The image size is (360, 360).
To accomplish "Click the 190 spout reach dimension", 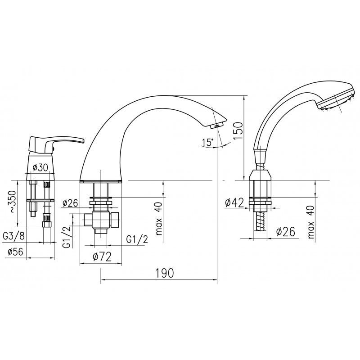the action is click(x=165, y=273).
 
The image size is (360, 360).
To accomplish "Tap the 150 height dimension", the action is click(x=238, y=130).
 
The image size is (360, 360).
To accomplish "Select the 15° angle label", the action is click(x=207, y=142).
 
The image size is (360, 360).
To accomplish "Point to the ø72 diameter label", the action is click(x=102, y=256).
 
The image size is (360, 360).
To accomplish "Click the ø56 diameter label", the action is click(x=15, y=252).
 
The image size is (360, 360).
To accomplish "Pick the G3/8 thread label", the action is click(x=13, y=236).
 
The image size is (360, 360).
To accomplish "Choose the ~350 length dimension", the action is click(x=12, y=201).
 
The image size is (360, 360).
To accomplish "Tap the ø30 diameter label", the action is click(x=40, y=167).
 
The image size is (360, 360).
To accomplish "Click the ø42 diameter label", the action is click(x=234, y=202).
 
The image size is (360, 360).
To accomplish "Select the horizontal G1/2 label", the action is click(x=137, y=240).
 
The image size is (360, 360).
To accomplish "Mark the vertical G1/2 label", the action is click(x=67, y=237).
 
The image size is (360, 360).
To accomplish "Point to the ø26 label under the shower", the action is click(x=286, y=232).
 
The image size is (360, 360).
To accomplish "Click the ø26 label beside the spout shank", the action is click(x=70, y=203).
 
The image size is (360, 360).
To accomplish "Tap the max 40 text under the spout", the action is click(x=159, y=219).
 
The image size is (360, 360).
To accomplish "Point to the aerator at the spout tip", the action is click(x=216, y=126).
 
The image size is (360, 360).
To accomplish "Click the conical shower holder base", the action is click(x=261, y=175).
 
